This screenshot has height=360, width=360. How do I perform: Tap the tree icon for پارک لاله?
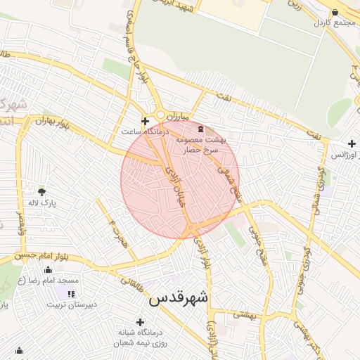pos(41,191)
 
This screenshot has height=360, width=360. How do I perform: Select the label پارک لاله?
pos(41,203)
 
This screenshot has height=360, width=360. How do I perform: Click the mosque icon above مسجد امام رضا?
pos(48,270)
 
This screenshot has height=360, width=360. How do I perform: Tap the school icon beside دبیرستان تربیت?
pos(70,293)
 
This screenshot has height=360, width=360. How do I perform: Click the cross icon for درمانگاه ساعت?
pos(146,121)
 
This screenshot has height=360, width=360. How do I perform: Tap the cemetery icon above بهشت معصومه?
pos(202,129)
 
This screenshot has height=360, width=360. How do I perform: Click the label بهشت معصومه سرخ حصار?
pos(209,145)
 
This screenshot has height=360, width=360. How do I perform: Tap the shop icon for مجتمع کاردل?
pos(334,12)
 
